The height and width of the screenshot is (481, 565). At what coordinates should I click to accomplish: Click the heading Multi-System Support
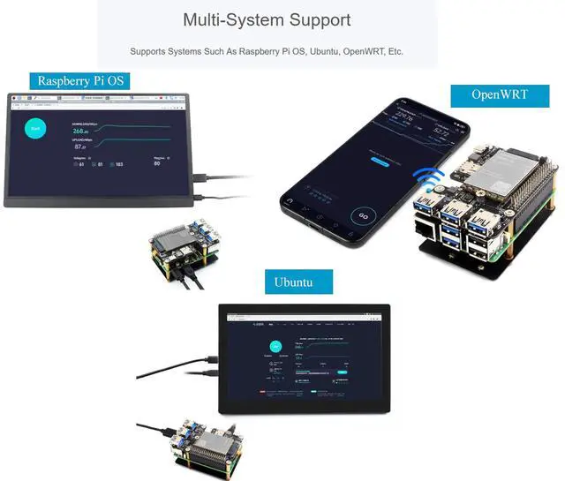coord(267,19)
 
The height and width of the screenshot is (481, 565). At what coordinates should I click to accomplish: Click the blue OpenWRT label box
coord(500,94)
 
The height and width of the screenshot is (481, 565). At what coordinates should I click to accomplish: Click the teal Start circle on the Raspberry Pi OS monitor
coord(36,129)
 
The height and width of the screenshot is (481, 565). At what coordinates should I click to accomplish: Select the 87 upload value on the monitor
coord(79,147)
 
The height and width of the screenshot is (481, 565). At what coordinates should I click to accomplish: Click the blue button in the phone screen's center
coord(380,162)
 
